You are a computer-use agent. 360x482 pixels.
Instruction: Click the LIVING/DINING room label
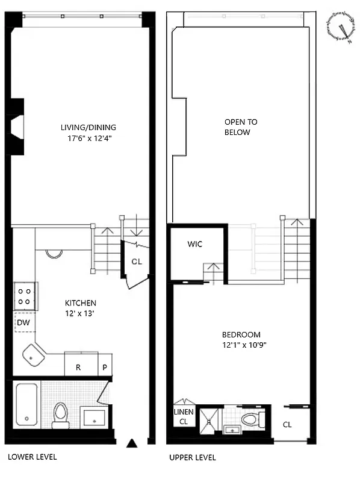pyautogui.click(x=88, y=127)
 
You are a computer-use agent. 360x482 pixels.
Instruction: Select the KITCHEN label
pyautogui.click(x=81, y=302)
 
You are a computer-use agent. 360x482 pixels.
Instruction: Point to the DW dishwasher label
pyautogui.click(x=23, y=323)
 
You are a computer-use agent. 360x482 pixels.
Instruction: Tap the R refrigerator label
pyautogui.click(x=78, y=367)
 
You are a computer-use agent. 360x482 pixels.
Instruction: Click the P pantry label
pyautogui.click(x=104, y=367)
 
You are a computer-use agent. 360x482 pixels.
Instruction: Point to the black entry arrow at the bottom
pyautogui.click(x=132, y=444)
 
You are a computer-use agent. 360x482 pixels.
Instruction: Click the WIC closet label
pyautogui.click(x=194, y=244)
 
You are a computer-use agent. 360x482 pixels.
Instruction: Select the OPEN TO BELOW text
pyautogui.click(x=237, y=127)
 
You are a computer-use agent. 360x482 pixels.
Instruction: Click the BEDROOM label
pyautogui.click(x=241, y=335)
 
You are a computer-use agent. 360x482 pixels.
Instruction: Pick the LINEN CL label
pyautogui.click(x=184, y=416)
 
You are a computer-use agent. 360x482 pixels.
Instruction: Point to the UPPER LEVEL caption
pyautogui.click(x=193, y=457)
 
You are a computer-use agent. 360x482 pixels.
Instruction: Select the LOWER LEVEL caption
pyautogui.click(x=33, y=457)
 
